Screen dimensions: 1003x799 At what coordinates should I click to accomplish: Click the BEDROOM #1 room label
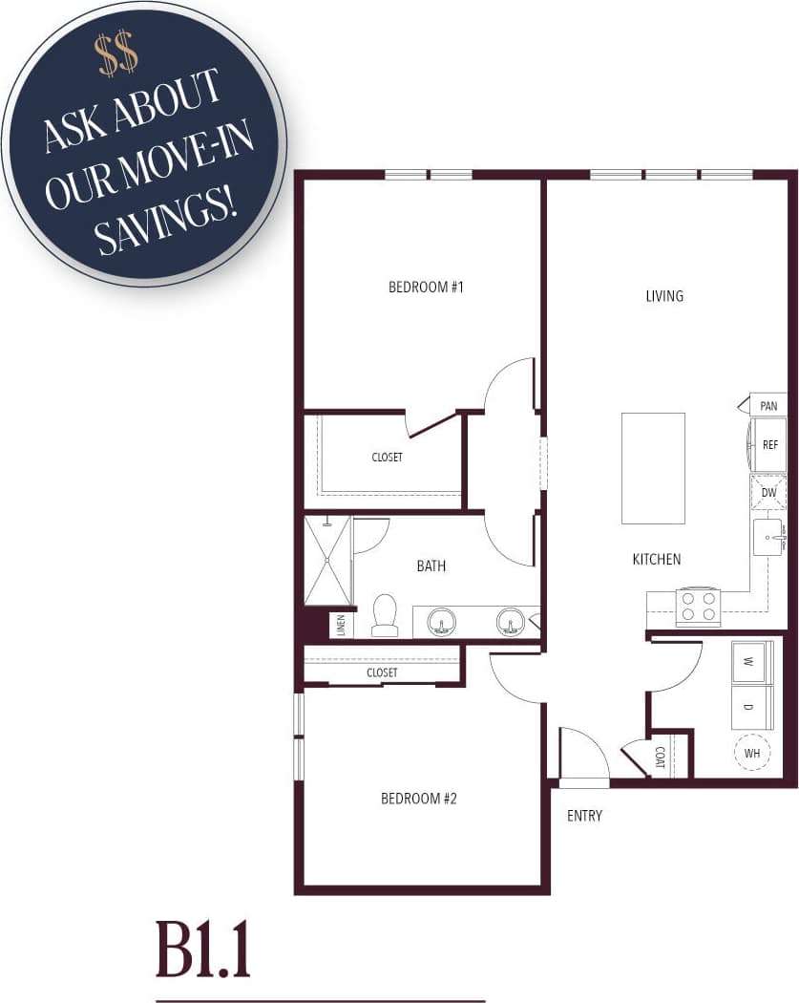pyautogui.click(x=426, y=287)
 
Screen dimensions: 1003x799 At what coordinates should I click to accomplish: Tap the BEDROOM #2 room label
pyautogui.click(x=419, y=799)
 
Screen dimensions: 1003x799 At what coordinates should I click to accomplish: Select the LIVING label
pyautogui.click(x=664, y=296)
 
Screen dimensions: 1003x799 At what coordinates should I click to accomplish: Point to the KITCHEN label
pyautogui.click(x=657, y=559)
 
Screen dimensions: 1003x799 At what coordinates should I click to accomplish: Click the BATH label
pyautogui.click(x=431, y=566)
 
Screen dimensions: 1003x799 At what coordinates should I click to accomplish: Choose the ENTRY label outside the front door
pyautogui.click(x=584, y=816)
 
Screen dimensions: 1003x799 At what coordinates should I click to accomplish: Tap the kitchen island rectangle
pyautogui.click(x=653, y=468)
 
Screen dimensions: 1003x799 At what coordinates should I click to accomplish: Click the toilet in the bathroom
pyautogui.click(x=385, y=616)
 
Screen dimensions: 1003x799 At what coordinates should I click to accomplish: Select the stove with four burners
pyautogui.click(x=698, y=606)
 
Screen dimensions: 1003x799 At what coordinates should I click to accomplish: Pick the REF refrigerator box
pyautogui.click(x=769, y=445)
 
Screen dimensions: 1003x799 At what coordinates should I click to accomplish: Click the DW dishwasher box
pyautogui.click(x=768, y=493)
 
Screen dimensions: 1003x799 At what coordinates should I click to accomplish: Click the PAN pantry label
pyautogui.click(x=768, y=406)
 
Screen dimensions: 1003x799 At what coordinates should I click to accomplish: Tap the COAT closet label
pyautogui.click(x=661, y=757)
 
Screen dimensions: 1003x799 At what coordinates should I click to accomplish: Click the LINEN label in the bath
pyautogui.click(x=341, y=626)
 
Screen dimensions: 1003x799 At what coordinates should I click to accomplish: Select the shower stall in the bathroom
pyautogui.click(x=327, y=561)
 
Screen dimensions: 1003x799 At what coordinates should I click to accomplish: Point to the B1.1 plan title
pyautogui.click(x=203, y=950)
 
